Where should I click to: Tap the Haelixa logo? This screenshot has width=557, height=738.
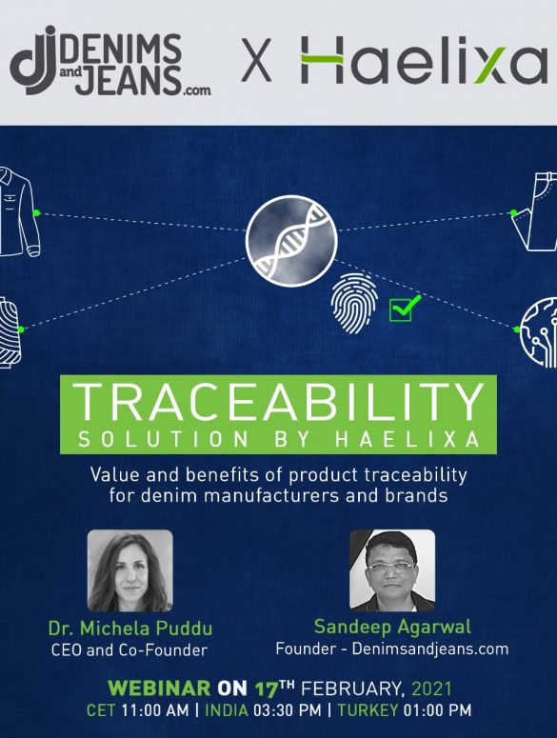click(x=424, y=59)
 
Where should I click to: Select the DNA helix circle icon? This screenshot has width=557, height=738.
click(x=291, y=241)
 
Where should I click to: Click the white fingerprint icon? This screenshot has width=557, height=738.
click(x=354, y=303)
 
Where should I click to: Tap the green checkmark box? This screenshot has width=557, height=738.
click(x=404, y=308)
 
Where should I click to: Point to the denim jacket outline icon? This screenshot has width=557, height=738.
click(x=19, y=210)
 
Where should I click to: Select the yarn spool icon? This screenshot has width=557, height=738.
click(x=10, y=332)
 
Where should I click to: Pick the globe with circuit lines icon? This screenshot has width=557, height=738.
click(x=538, y=331)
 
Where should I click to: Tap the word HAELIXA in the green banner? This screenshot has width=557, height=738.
click(x=407, y=440)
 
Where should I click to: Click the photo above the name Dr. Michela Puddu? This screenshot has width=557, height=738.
click(x=130, y=570)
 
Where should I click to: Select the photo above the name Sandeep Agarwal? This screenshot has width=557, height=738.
click(x=392, y=570)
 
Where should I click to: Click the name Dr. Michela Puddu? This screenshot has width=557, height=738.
click(x=130, y=628)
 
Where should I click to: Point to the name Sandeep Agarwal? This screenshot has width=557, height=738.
click(x=392, y=627)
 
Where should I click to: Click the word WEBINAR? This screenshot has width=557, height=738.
click(x=159, y=688)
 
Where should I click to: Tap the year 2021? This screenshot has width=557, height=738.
click(x=431, y=688)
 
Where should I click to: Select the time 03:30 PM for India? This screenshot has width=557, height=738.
click(x=288, y=709)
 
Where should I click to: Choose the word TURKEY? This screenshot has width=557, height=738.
click(x=368, y=709)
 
